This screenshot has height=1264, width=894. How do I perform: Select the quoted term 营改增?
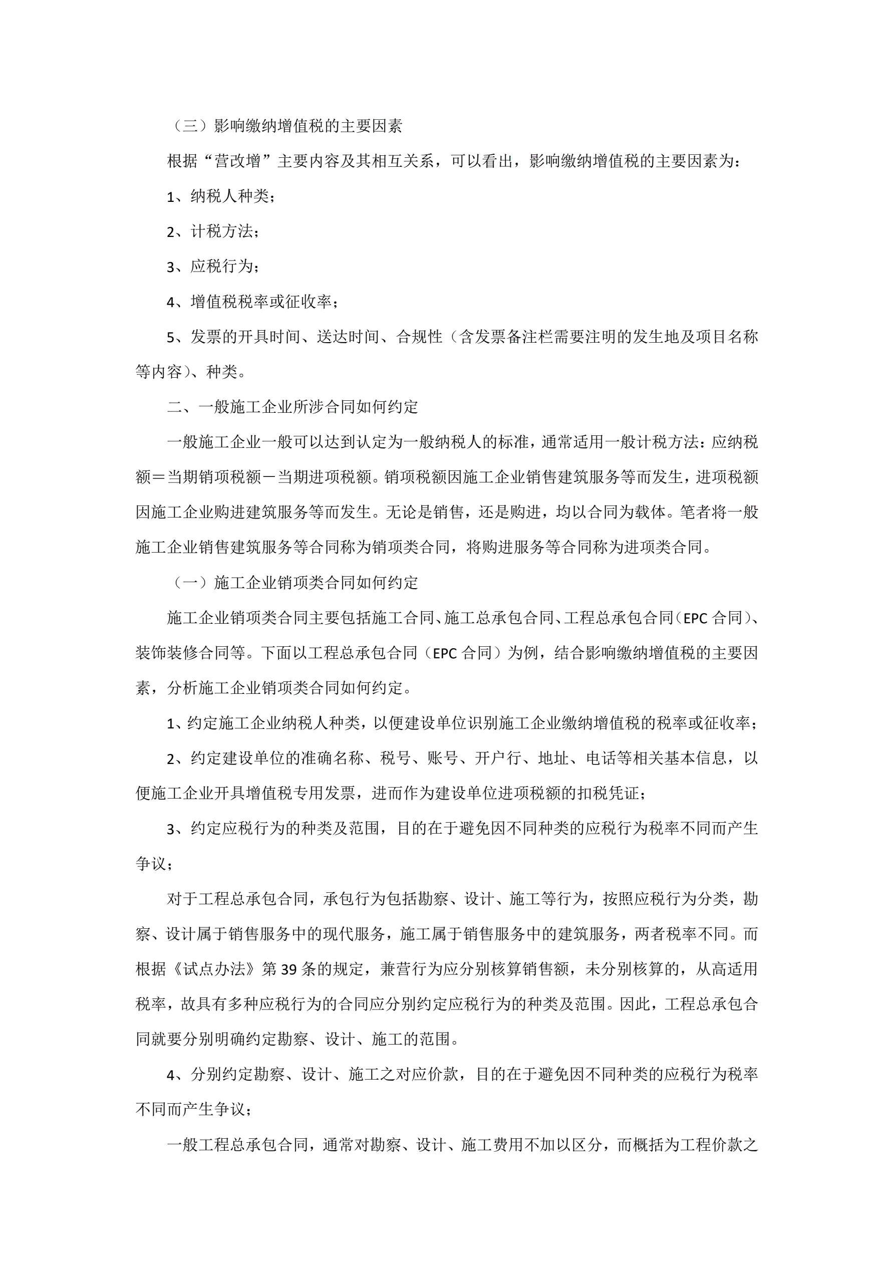tap(237, 161)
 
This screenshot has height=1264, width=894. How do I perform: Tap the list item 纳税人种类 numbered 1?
tap(221, 196)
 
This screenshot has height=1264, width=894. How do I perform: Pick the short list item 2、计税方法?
tap(212, 231)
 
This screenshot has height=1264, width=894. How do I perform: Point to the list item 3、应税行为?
tap(212, 267)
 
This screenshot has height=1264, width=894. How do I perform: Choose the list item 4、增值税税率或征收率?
tap(253, 302)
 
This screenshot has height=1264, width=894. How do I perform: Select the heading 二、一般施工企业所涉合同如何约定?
tap(292, 407)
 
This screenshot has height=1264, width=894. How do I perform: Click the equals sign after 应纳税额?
tap(159, 477)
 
